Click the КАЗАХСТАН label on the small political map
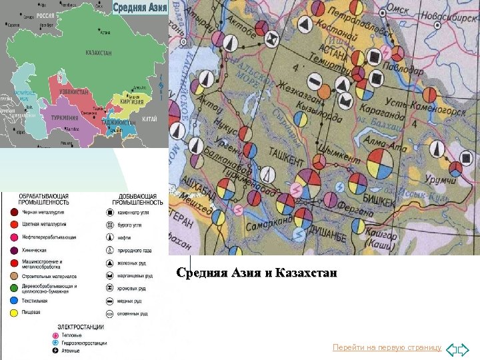click(99, 53)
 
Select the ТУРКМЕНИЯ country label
click(65, 118)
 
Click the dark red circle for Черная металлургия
click(14, 212)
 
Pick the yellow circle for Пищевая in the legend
click(14, 311)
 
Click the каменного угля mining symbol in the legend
click(109, 212)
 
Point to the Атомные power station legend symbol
click(57, 351)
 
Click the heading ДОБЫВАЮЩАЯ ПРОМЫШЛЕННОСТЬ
click(137, 199)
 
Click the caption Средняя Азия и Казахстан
click(257, 273)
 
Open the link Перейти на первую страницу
click(387, 348)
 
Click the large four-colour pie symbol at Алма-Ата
click(381, 163)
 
